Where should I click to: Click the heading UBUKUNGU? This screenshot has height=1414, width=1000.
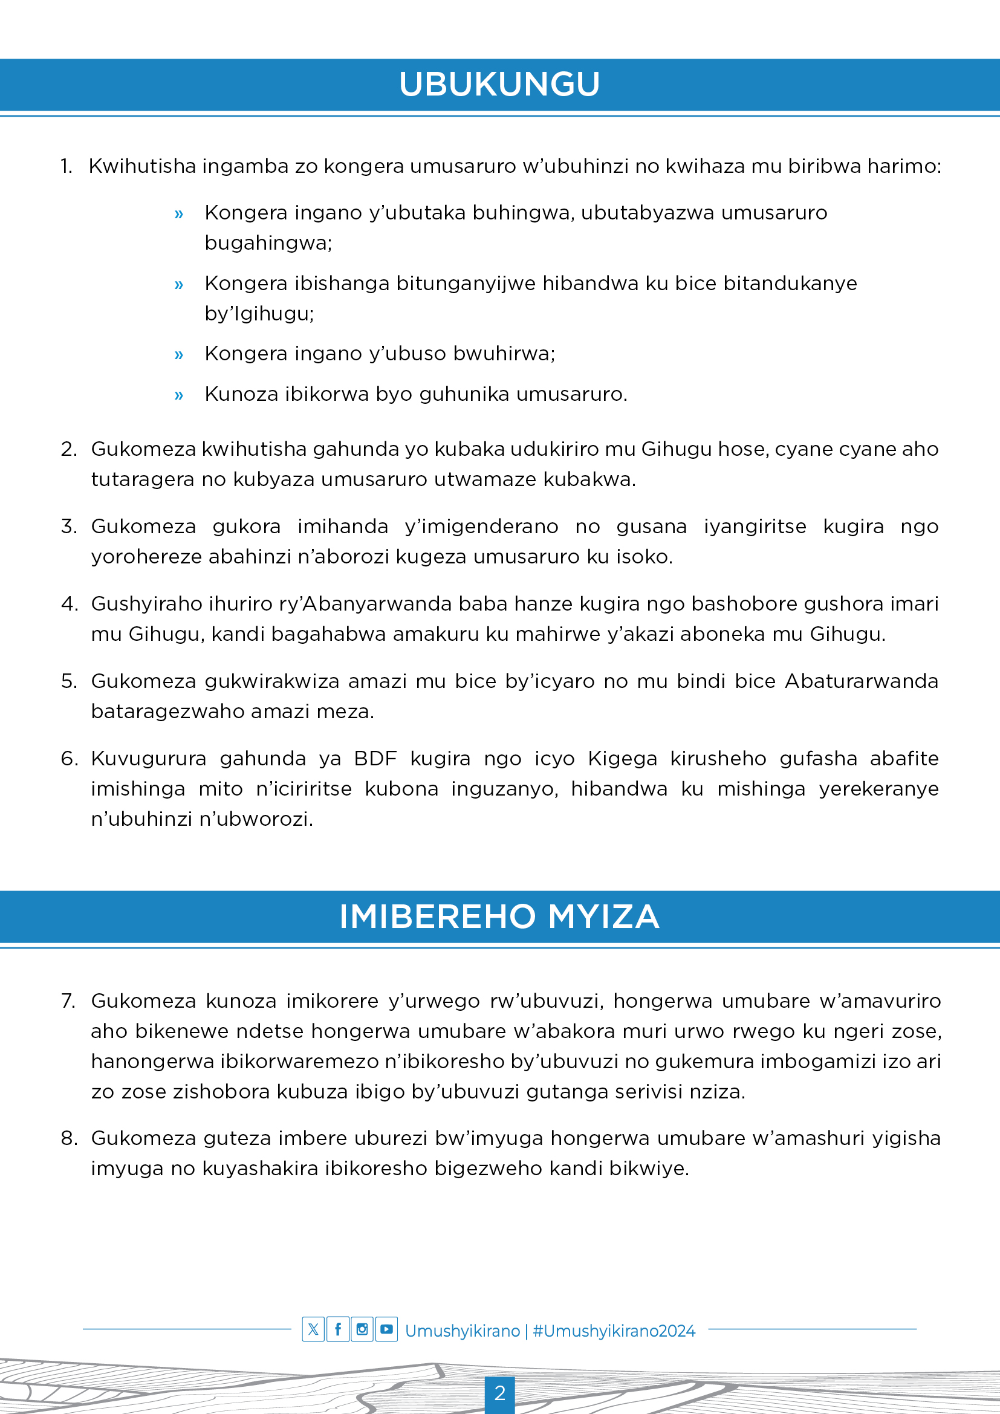[x=499, y=85]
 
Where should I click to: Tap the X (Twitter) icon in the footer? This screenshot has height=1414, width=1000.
[x=313, y=1329]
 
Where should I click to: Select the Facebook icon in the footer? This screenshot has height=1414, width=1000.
[x=337, y=1329]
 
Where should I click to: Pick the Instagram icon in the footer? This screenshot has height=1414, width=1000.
[x=362, y=1329]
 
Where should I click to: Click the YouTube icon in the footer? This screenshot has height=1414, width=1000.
[x=387, y=1329]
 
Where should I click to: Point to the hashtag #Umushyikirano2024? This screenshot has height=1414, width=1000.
[x=614, y=1331]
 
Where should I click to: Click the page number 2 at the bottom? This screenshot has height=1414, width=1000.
[x=499, y=1393]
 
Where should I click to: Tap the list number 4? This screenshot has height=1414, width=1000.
[x=69, y=603]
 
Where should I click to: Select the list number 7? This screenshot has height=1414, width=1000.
[x=68, y=1001]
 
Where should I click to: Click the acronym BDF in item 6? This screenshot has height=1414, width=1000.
[x=375, y=758]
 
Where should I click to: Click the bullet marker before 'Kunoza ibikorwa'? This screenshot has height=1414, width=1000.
[x=178, y=395]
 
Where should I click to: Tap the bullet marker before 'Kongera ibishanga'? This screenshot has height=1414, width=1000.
[x=178, y=285]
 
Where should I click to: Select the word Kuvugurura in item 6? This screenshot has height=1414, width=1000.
[x=148, y=758]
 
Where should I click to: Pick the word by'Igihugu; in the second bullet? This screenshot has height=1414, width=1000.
[x=259, y=314]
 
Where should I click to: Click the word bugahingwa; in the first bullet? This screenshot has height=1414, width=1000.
[x=268, y=242]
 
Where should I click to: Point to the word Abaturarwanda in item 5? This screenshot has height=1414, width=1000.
[x=861, y=681]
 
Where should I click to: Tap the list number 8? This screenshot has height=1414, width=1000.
[x=69, y=1138]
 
